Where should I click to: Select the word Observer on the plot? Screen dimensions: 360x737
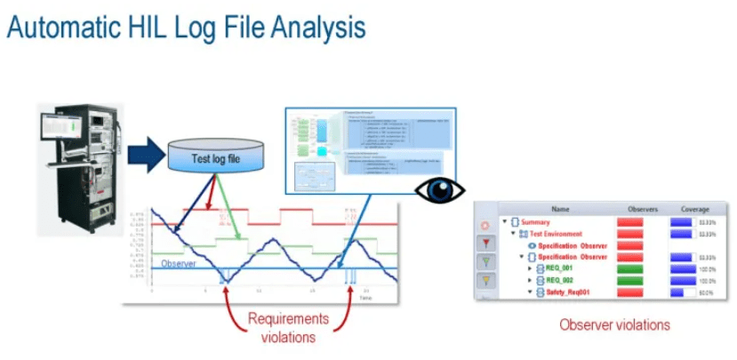tap(178, 264)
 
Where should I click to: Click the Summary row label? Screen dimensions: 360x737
tap(536, 221)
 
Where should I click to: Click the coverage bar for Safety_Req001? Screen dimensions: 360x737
tap(682, 291)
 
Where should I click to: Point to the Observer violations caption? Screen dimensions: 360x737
tap(614, 325)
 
